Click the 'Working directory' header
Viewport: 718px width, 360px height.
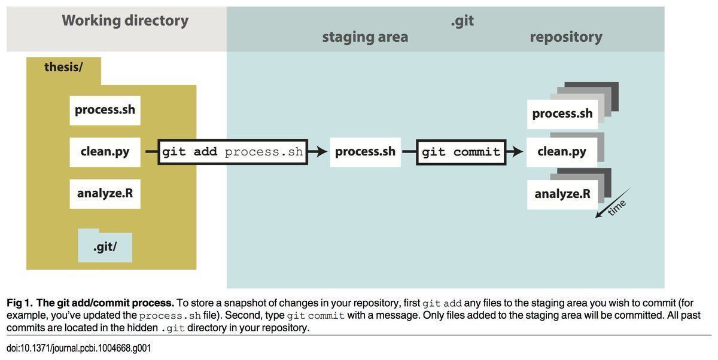(x=125, y=21)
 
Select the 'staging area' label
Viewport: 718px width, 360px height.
(x=365, y=37)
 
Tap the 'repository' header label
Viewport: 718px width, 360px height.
(x=565, y=37)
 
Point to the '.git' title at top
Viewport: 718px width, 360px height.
(x=462, y=20)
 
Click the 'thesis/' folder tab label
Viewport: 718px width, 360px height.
(x=63, y=67)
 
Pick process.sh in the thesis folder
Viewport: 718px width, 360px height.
(x=105, y=110)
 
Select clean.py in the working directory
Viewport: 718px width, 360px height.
(x=105, y=151)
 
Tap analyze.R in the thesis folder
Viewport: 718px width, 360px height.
(x=105, y=194)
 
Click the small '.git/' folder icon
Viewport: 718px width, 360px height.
(x=105, y=246)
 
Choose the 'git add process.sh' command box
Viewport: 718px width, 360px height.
(x=232, y=152)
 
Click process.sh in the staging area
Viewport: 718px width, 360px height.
(x=365, y=152)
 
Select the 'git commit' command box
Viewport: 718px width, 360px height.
(x=461, y=152)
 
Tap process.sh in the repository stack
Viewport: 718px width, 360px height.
(x=562, y=114)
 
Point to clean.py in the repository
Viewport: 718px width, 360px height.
(x=562, y=152)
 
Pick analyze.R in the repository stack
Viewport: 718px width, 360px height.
(x=562, y=194)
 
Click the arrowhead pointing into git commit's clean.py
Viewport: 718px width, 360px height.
(x=518, y=152)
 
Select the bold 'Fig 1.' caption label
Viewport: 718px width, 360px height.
(x=20, y=303)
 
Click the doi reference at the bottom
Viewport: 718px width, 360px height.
(x=78, y=348)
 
